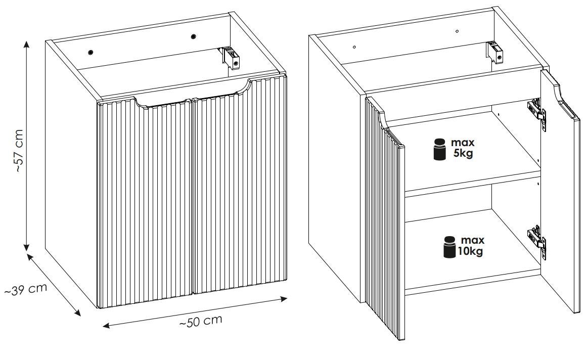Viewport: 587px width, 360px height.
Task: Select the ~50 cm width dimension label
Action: click(x=201, y=321)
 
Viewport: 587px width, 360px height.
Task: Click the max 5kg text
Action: click(x=463, y=148)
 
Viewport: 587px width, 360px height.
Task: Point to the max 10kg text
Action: click(x=470, y=246)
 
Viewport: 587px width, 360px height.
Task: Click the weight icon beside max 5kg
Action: click(x=439, y=150)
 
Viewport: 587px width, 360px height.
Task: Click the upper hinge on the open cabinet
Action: click(x=537, y=110)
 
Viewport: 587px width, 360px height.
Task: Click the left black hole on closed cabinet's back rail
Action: click(x=90, y=52)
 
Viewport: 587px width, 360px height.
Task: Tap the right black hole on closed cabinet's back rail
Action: click(x=193, y=36)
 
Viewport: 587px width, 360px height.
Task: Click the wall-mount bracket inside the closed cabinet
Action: click(x=230, y=57)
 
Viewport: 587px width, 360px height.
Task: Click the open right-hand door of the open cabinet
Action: click(x=560, y=202)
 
